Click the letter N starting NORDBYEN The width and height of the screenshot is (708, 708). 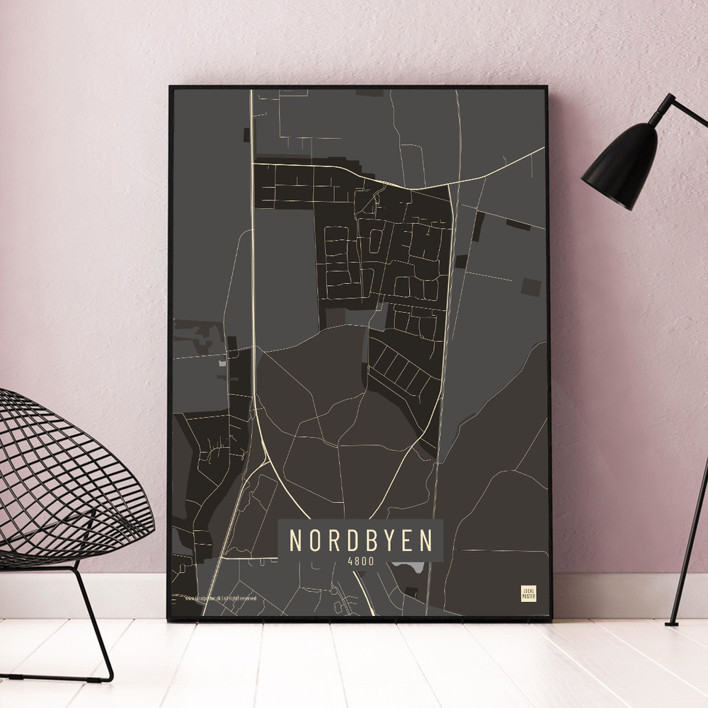[x=297, y=541]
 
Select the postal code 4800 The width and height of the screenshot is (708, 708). [x=360, y=560]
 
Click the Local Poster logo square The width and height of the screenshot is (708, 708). [x=528, y=593]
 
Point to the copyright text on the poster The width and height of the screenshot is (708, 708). [x=220, y=598]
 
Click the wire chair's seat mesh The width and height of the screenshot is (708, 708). [x=64, y=481]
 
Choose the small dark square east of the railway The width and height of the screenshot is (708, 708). [x=530, y=286]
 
